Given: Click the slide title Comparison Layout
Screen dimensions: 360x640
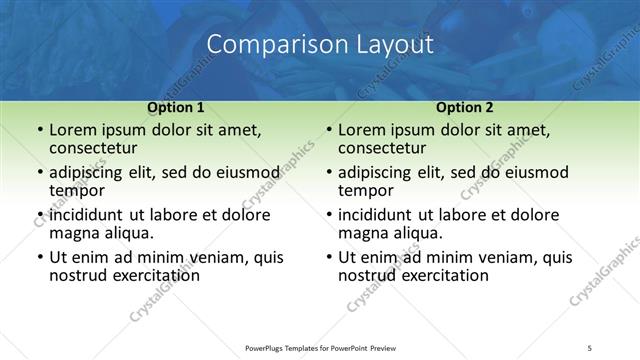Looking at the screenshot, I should (x=320, y=45).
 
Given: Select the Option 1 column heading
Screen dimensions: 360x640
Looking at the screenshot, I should (x=176, y=106).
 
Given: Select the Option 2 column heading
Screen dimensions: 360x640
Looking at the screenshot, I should (x=465, y=106).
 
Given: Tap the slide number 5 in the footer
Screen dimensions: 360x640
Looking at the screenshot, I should (x=590, y=348).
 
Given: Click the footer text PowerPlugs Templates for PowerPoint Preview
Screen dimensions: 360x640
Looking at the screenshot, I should (x=320, y=348).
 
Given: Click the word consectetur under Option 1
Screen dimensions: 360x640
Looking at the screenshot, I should (x=95, y=147).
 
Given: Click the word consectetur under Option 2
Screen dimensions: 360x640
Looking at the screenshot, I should (x=384, y=147).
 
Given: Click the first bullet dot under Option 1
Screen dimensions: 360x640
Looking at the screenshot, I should (x=39, y=131).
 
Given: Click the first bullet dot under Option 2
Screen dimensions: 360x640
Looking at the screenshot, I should (x=328, y=131).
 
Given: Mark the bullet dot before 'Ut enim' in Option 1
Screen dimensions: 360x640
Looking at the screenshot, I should (x=39, y=258).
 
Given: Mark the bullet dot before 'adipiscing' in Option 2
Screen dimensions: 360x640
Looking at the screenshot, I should (x=328, y=173).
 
